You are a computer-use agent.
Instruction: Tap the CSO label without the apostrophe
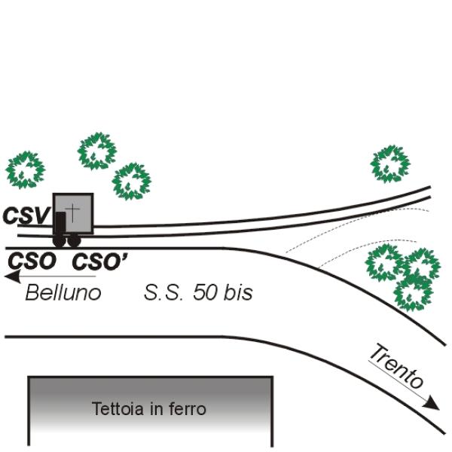click(32, 261)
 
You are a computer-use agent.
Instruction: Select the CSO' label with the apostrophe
click(99, 261)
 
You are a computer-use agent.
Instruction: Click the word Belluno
click(63, 292)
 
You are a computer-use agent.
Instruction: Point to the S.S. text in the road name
click(163, 292)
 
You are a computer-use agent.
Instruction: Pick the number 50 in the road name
click(206, 292)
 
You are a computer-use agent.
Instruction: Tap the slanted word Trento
click(397, 368)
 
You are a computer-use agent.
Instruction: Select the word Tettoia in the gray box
click(118, 409)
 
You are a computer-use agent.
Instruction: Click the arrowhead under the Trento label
click(432, 403)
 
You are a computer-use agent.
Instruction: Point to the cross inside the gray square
click(72, 212)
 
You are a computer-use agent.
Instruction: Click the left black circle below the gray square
click(60, 240)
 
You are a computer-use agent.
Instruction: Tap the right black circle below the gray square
click(74, 240)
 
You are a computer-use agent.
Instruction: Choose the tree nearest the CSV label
click(26, 169)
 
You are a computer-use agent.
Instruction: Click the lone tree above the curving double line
click(390, 164)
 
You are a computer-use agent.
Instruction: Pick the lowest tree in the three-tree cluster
click(414, 294)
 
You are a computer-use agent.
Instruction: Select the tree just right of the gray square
click(132, 182)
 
